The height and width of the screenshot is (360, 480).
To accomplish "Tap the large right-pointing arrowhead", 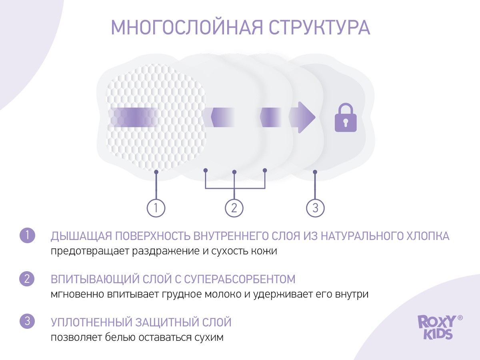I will [x=306, y=117].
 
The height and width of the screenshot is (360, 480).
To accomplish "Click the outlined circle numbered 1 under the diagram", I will [x=156, y=208].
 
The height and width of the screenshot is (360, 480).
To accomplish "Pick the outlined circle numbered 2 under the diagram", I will [x=234, y=208].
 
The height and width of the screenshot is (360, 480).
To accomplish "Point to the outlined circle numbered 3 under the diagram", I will [x=315, y=208].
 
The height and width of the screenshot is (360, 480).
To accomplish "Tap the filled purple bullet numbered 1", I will [x=27, y=235].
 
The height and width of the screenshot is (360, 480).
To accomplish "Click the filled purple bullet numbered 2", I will [x=27, y=278].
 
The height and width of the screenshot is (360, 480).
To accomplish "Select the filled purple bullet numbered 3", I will [x=27, y=322].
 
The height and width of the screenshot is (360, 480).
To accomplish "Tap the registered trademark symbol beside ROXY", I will [x=460, y=318].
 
